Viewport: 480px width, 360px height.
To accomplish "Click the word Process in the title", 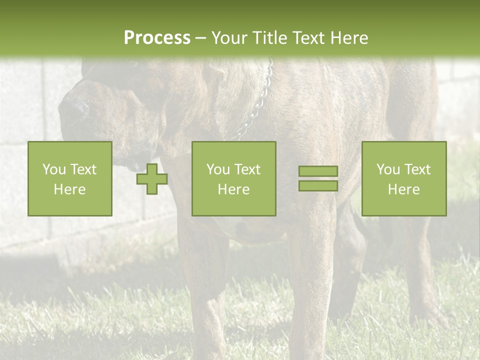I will click(157, 37).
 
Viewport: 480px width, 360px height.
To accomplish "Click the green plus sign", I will click(152, 179).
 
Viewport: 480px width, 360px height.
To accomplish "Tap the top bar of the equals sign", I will click(318, 171).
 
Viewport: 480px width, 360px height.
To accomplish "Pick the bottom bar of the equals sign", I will click(318, 185).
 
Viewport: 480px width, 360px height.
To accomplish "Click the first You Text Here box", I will click(70, 178).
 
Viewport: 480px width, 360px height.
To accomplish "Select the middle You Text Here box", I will click(234, 178).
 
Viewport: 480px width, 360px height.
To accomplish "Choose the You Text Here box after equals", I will click(404, 178).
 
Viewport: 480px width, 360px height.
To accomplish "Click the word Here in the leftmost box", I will click(70, 189).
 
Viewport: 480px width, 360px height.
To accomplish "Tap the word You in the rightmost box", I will click(388, 169).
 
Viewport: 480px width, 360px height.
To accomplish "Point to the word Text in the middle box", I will click(247, 169).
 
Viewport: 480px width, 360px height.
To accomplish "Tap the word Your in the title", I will click(229, 37).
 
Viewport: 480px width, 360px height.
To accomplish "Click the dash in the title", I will click(201, 38).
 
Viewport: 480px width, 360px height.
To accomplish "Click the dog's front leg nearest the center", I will click(310, 280).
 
